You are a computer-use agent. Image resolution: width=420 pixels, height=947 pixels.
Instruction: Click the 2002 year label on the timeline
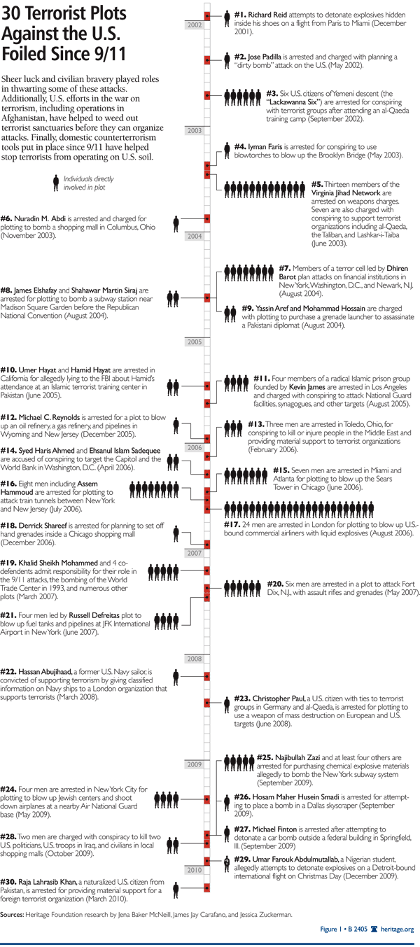[195, 25]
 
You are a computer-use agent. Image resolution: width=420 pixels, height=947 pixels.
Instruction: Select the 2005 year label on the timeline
[194, 342]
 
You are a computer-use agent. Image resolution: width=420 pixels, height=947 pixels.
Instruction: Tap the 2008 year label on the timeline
[194, 659]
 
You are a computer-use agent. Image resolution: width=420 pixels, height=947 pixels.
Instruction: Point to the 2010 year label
[194, 869]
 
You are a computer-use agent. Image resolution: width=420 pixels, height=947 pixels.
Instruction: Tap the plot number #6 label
[9, 218]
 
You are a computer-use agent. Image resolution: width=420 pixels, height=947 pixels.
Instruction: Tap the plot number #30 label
[10, 879]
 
